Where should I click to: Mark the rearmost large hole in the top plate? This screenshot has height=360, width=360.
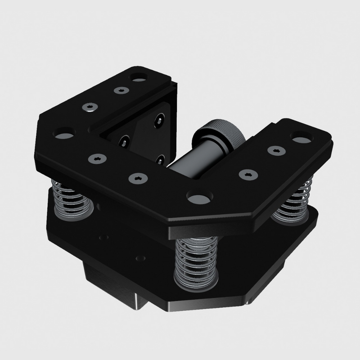[138, 77]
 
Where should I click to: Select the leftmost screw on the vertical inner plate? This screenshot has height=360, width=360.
[122, 142]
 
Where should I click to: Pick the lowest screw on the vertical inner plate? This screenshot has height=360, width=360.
[160, 158]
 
